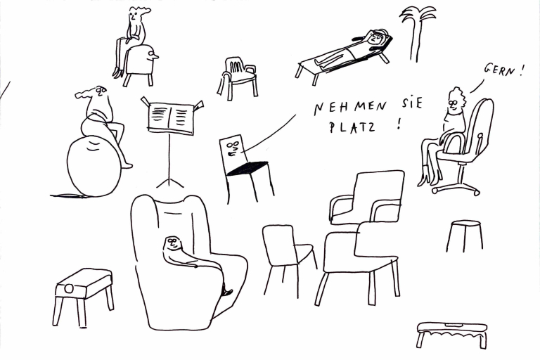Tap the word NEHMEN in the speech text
[350, 107]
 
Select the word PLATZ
[352, 127]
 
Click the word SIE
[411, 103]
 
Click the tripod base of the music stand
[169, 182]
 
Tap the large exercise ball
[94, 166]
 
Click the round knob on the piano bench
[69, 288]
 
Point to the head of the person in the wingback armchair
[172, 243]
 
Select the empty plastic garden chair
[238, 79]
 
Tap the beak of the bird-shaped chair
[155, 56]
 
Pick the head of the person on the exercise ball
[101, 91]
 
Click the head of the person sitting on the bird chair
[134, 16]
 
